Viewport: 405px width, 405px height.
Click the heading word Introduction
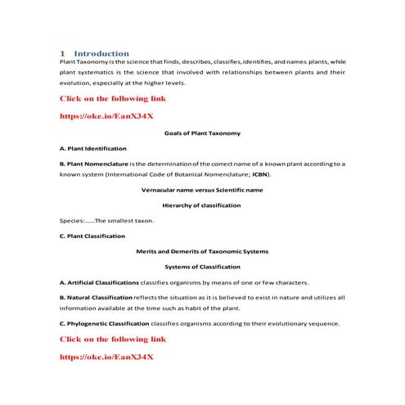click(x=101, y=53)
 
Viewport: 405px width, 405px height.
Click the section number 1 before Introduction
click(x=63, y=53)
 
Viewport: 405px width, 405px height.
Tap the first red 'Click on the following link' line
click(x=114, y=98)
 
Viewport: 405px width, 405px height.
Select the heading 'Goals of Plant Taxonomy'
click(x=202, y=133)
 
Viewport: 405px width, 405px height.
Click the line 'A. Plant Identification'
click(x=93, y=148)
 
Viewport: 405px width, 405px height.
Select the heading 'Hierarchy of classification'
click(x=202, y=205)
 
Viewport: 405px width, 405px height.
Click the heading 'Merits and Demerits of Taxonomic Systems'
click(x=202, y=251)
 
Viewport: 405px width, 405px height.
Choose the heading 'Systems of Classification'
click(x=202, y=267)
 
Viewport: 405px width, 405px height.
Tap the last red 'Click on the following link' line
click(x=114, y=339)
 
